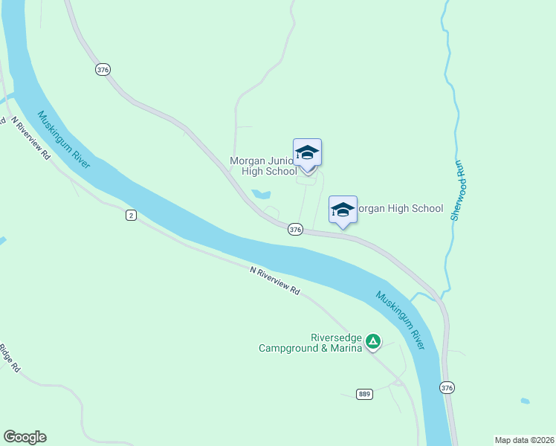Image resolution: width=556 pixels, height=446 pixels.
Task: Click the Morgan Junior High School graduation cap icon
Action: tap(307, 153)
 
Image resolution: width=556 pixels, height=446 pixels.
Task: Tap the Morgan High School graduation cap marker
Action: tap(343, 210)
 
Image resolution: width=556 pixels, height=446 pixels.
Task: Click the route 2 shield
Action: tap(131, 215)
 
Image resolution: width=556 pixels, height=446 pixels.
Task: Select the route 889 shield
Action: tap(363, 394)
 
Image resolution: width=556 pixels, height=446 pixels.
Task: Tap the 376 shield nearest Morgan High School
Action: tap(296, 230)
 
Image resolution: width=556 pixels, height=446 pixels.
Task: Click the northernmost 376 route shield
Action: tap(103, 69)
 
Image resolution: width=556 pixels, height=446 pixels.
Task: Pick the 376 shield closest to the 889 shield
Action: tap(447, 387)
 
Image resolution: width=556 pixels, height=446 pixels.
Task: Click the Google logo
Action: tap(25, 437)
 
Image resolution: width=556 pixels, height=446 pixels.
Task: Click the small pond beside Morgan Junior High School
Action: tap(261, 195)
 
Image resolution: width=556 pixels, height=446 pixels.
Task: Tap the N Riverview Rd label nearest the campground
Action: tap(274, 281)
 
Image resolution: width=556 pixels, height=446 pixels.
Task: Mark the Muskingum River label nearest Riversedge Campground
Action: tap(401, 320)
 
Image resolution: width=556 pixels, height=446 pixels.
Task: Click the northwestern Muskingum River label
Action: tap(64, 139)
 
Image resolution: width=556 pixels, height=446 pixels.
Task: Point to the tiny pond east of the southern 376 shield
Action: tap(525, 401)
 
